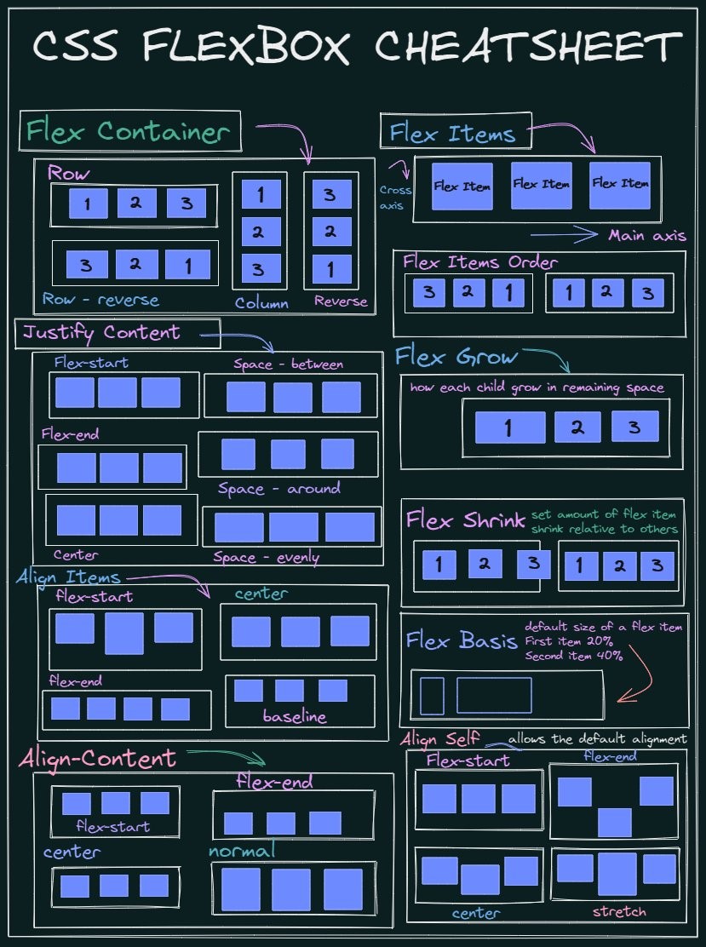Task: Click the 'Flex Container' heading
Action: [x=129, y=132]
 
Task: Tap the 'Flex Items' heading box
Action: [x=453, y=134]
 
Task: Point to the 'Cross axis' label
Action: [x=394, y=198]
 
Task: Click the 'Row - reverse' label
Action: [x=100, y=300]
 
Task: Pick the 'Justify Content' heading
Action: [x=102, y=332]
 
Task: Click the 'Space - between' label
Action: [x=289, y=364]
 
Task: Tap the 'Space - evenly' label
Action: [x=267, y=558]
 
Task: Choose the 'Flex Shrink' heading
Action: [x=465, y=519]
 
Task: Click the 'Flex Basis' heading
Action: [x=462, y=640]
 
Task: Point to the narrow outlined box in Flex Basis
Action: [x=432, y=695]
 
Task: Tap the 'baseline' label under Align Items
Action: [x=295, y=716]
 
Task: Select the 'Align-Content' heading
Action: [x=98, y=758]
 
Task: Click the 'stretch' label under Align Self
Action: [x=619, y=912]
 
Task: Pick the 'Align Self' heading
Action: [x=440, y=738]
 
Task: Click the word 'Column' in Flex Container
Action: [x=261, y=302]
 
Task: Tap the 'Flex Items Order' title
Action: [x=480, y=261]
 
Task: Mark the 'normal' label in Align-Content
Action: [x=242, y=851]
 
